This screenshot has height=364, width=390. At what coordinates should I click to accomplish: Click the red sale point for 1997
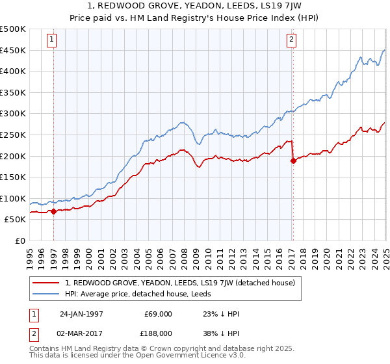[53, 211]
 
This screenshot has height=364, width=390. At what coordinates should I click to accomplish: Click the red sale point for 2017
[293, 161]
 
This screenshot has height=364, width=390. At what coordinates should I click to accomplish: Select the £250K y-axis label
[13, 135]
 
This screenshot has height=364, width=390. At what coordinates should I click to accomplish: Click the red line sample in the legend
[47, 283]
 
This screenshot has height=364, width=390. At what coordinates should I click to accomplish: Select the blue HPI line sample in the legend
[47, 294]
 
